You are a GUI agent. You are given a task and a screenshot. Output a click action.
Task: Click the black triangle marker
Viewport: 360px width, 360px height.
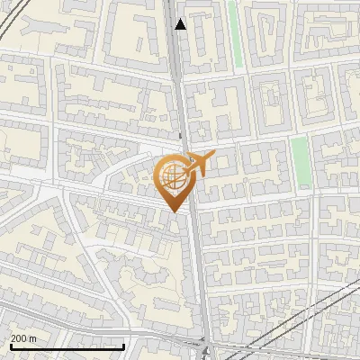pos(181,24)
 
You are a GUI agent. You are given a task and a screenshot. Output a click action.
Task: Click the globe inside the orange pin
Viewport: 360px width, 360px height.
pos(171,175)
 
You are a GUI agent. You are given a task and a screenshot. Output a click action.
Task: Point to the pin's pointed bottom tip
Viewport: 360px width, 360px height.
pos(173,211)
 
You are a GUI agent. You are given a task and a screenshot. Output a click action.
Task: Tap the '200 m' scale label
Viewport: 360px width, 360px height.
pos(24,338)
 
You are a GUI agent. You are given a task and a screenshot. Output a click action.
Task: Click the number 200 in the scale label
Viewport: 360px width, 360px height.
pos(20,338)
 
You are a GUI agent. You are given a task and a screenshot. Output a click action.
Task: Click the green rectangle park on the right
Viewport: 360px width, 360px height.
pos(301,162)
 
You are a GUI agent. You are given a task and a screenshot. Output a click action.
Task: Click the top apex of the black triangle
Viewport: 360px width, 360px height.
pos(181,19)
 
